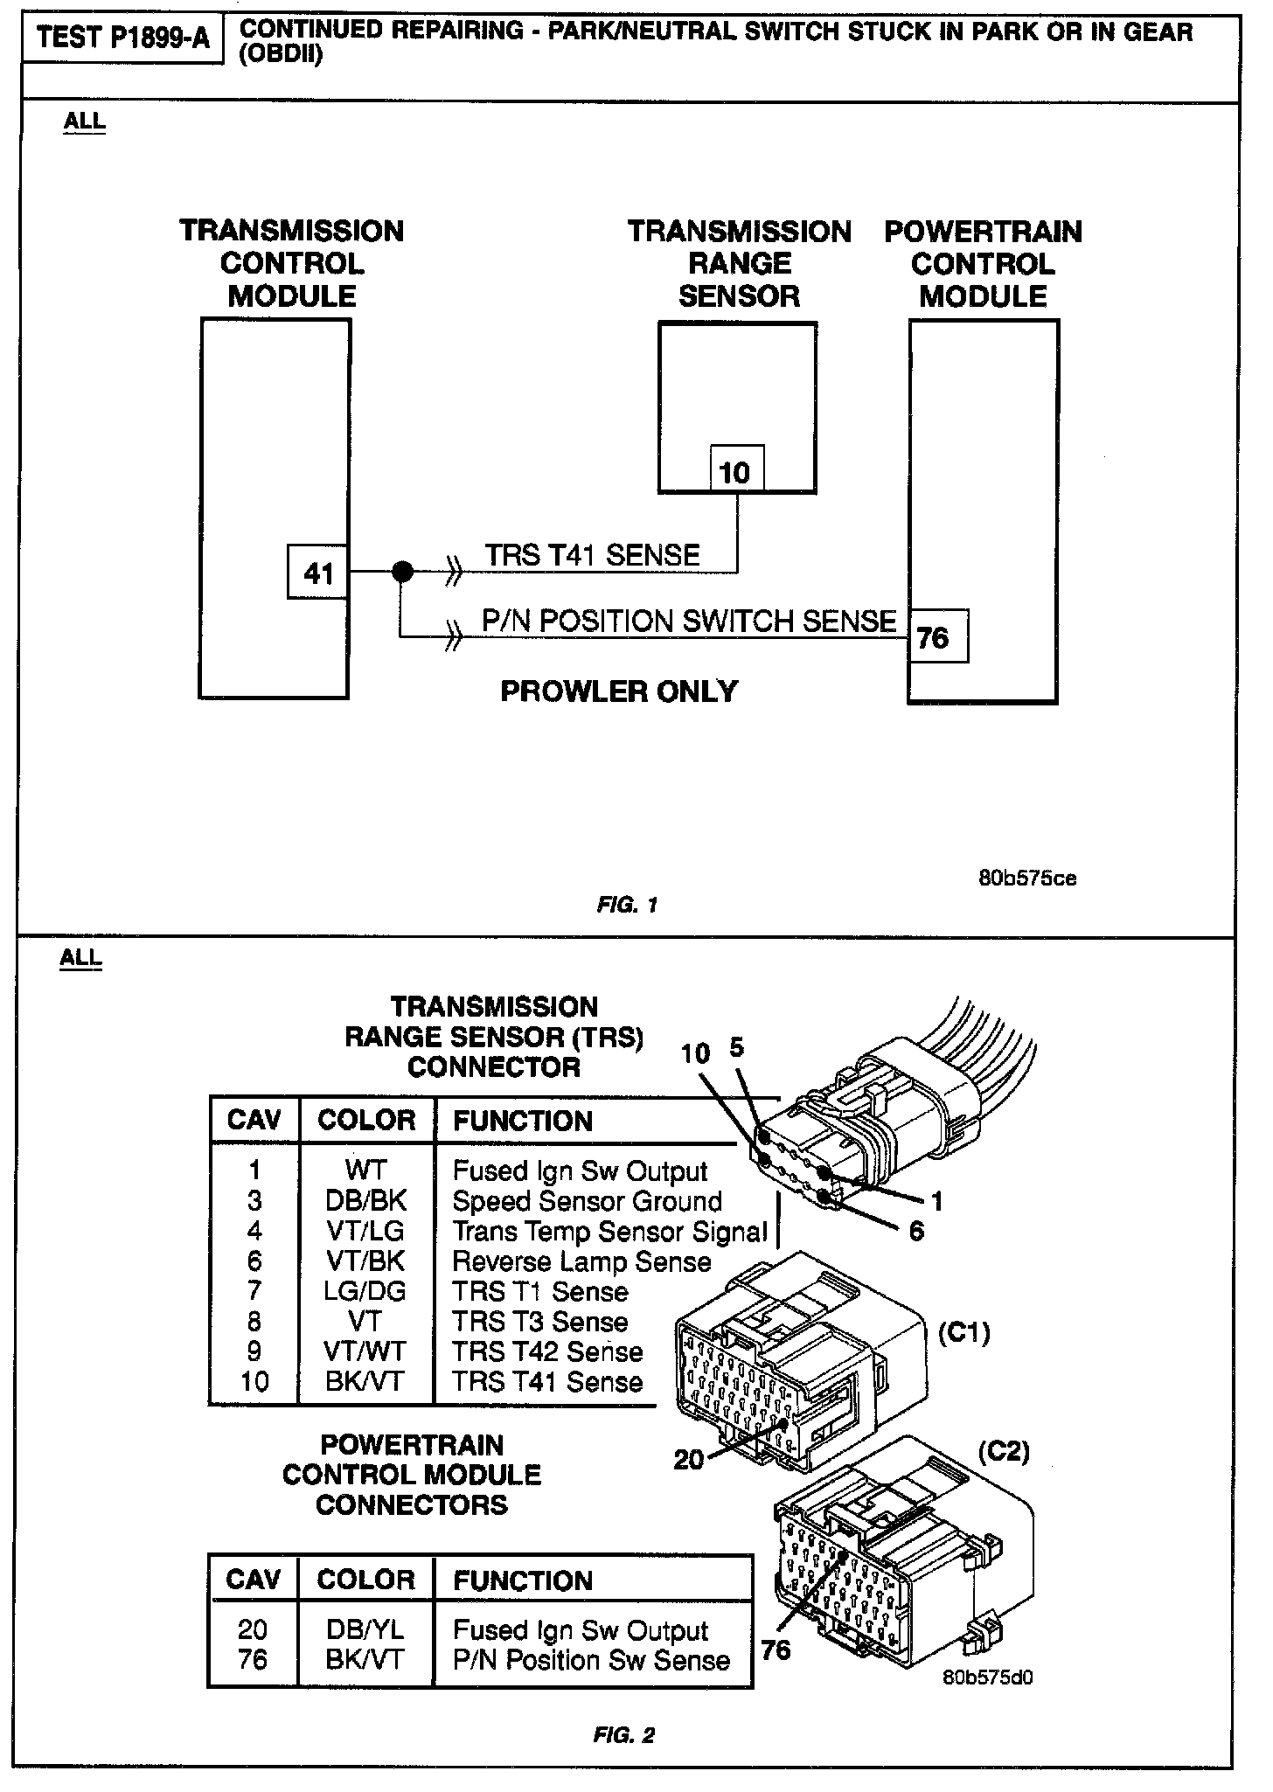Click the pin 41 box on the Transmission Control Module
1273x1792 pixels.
tap(318, 573)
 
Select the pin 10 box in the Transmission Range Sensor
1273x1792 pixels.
tap(735, 472)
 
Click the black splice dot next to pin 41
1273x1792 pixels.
tap(402, 572)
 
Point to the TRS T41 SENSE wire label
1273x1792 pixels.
tap(592, 555)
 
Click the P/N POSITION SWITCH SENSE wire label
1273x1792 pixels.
tap(689, 621)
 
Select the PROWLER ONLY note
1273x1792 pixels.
tap(619, 691)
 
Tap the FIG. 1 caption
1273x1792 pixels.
tap(627, 906)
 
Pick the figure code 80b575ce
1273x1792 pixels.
tap(1027, 879)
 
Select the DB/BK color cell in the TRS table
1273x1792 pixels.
tap(365, 1201)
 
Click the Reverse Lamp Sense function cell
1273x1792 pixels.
tap(581, 1261)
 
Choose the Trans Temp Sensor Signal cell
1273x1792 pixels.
tap(609, 1231)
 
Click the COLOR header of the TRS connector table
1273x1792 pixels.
tap(366, 1121)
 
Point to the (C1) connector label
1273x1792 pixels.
tap(963, 1333)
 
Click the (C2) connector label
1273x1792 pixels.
tap(1003, 1452)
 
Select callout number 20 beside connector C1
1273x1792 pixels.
tap(689, 1459)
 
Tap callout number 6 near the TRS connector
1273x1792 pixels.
tap(916, 1232)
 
